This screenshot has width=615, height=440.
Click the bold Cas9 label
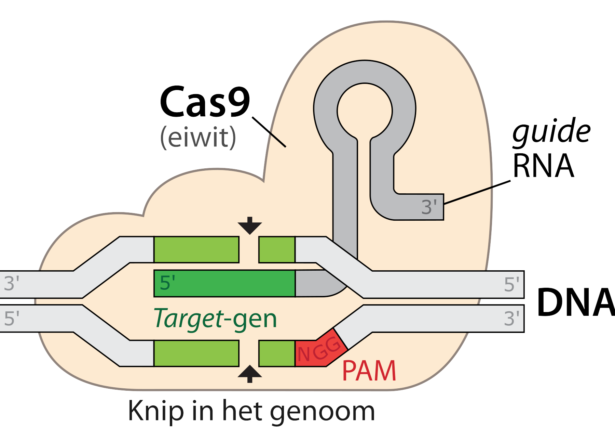point(205,102)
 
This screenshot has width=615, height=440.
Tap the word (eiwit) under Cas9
point(198,138)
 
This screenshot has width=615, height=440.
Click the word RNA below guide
point(543,166)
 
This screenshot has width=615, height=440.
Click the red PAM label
point(369,371)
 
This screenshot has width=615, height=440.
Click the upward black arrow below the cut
point(250,374)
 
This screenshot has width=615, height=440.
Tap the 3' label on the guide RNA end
point(429,207)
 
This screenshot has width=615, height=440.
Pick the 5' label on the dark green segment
point(167,283)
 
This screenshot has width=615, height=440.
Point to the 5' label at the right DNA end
point(511,284)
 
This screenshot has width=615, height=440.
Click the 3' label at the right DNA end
point(511,319)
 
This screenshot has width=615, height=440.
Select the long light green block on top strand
point(196,249)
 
